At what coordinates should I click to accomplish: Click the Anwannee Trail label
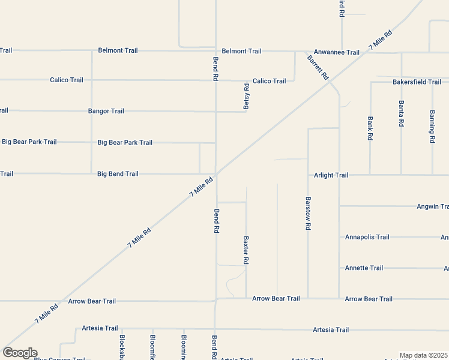tap(336, 52)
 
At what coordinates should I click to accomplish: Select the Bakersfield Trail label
tap(417, 82)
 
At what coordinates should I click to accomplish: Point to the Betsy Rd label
tap(246, 96)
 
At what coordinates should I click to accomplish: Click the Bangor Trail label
tap(106, 111)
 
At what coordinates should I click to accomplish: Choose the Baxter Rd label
tap(246, 250)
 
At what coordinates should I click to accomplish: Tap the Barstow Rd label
tap(308, 214)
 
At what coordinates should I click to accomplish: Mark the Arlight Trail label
tap(331, 175)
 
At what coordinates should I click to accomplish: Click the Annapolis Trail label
tap(367, 237)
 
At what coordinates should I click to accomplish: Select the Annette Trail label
tap(364, 268)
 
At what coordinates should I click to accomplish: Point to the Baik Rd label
tap(370, 127)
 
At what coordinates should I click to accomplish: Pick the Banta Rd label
tap(401, 113)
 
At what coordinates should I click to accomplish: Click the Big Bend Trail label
tap(118, 174)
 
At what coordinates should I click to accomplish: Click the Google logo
tap(20, 353)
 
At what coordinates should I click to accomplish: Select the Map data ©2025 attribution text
tap(423, 355)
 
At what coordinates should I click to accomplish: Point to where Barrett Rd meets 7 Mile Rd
tap(331, 83)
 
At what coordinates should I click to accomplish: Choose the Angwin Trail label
tap(432, 206)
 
